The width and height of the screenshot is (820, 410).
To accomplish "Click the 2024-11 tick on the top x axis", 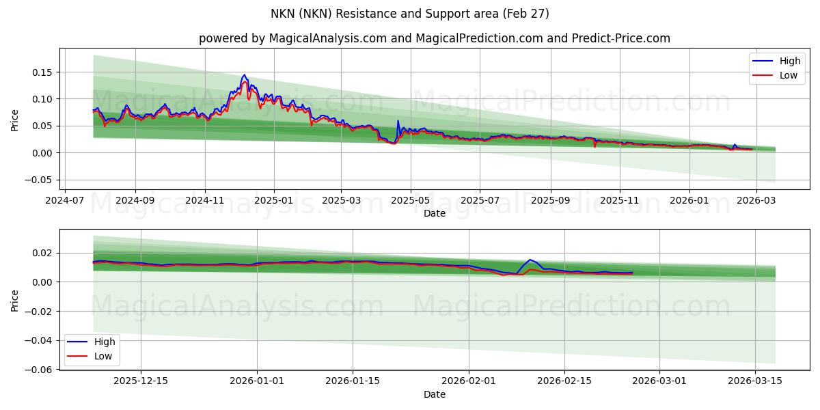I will point(205,201).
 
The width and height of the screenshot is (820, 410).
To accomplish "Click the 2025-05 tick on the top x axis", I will point(411,201).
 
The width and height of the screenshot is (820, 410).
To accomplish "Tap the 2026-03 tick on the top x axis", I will point(755,201).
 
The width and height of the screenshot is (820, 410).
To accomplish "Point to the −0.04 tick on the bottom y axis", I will point(40,340).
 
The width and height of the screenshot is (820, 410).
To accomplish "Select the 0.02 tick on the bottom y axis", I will point(42,253).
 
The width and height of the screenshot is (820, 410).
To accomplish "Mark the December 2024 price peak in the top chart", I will point(244,75).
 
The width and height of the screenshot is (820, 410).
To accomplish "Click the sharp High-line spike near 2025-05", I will point(398,122).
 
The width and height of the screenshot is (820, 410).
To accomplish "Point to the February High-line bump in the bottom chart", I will point(530,260).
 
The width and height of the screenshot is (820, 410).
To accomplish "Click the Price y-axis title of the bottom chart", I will point(14,299).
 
